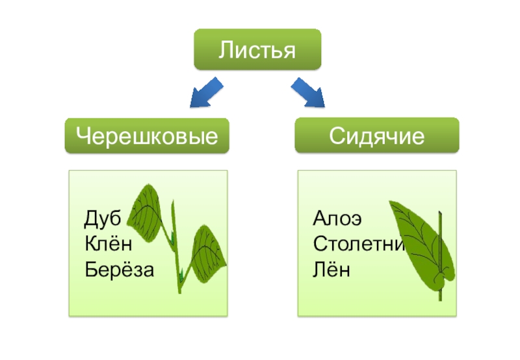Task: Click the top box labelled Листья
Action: (x=257, y=49)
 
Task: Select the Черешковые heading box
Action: (x=147, y=136)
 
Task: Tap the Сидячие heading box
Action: (x=376, y=136)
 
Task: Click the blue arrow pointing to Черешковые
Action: (x=205, y=92)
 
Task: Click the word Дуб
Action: (x=103, y=218)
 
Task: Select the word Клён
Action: (x=109, y=244)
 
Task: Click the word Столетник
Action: (x=359, y=244)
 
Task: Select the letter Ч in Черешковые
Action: (x=82, y=136)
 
